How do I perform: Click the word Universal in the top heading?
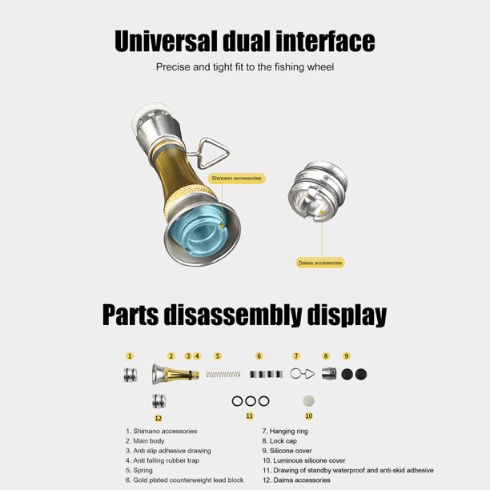point(166,42)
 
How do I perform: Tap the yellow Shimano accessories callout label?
point(236,178)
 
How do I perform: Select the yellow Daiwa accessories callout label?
point(320,263)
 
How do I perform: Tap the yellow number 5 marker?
point(218,356)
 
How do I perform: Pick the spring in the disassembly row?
point(223,374)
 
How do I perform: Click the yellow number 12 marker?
point(158,418)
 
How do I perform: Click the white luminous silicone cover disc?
point(308,401)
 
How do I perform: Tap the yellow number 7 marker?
point(296,356)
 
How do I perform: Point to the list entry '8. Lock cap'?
point(279,441)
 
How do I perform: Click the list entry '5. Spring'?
point(139,470)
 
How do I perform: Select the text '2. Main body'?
point(145,441)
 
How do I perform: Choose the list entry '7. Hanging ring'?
point(285,432)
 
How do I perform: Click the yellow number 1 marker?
point(130,356)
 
